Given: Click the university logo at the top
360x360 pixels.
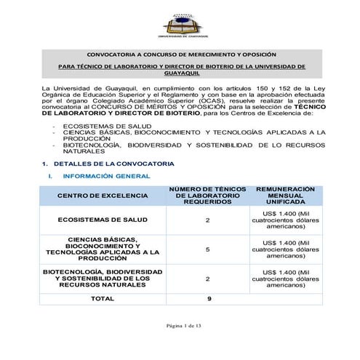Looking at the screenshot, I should [185, 26].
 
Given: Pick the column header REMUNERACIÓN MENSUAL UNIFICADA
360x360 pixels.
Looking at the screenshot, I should [285, 196].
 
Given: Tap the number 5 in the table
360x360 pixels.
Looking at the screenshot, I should [208, 249].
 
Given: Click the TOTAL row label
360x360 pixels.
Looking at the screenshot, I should [102, 298].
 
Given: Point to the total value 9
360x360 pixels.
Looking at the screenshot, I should [209, 298].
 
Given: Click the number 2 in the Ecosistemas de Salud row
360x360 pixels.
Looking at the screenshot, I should [208, 219].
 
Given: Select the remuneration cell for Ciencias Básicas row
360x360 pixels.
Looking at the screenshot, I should [285, 249].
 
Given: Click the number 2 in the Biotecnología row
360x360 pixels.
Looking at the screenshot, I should [208, 279].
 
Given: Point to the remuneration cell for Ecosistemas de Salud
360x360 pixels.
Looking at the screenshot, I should [285, 219].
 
